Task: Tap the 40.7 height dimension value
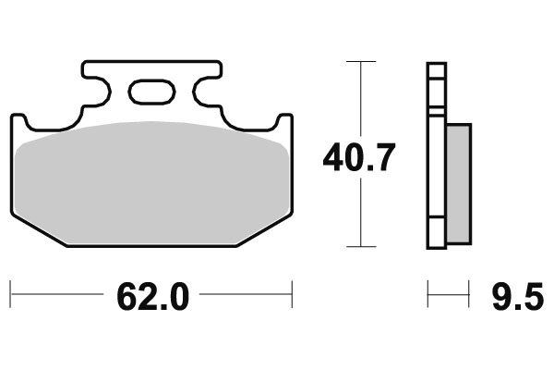(x=359, y=158)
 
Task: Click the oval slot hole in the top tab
(x=151, y=92)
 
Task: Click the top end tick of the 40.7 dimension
(x=360, y=62)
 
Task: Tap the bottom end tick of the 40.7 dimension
(x=360, y=247)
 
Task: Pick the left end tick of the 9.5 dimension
(x=428, y=296)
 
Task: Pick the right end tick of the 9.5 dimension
(x=471, y=296)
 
